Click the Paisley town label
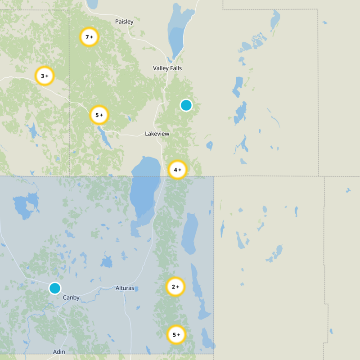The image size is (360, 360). click(x=124, y=22)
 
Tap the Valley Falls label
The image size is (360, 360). click(x=167, y=68)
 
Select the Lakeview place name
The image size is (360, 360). click(x=157, y=134)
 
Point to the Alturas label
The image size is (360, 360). click(x=125, y=288)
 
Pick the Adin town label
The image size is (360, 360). click(x=59, y=351)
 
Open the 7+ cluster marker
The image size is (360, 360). click(x=89, y=37)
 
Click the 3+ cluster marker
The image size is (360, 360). click(x=45, y=76)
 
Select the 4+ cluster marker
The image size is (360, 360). click(x=177, y=170)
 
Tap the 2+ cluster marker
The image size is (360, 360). click(x=175, y=286)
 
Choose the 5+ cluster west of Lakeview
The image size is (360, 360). click(x=99, y=115)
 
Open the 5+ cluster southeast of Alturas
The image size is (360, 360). click(x=176, y=335)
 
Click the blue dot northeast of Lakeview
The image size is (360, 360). click(x=186, y=105)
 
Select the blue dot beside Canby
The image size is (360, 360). click(x=55, y=288)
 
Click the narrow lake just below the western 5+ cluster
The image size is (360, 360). click(x=105, y=138)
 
